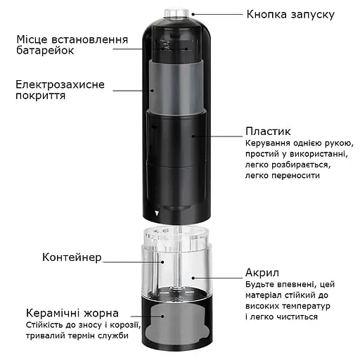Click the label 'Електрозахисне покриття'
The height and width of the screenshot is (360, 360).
60,91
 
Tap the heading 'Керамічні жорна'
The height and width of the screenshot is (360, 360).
72,313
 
